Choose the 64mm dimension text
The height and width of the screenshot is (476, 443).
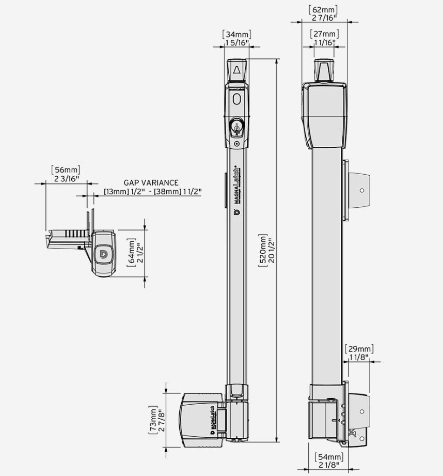pos(135,254)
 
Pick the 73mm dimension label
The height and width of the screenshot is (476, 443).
pos(157,421)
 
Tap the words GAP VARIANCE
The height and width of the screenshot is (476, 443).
pos(151,182)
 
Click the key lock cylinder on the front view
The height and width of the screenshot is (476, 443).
pos(236,126)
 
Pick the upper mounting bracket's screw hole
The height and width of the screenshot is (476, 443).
pos(362,190)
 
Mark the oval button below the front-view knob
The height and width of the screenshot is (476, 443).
pos(236,99)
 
